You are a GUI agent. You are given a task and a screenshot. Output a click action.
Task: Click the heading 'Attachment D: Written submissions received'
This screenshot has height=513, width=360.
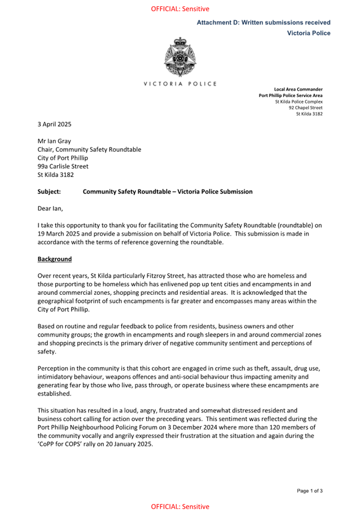pos(264,23)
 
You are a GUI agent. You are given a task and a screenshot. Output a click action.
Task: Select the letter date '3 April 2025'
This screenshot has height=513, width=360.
pos(55,124)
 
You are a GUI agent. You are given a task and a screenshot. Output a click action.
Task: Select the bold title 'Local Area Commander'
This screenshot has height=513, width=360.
pos(298,89)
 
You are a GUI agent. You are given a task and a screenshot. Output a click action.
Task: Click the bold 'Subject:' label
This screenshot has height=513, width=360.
pos(49,192)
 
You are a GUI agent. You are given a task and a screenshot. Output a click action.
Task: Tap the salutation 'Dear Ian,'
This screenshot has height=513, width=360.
pos(51,208)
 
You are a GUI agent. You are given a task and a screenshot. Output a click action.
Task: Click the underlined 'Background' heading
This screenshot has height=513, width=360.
pos(55,259)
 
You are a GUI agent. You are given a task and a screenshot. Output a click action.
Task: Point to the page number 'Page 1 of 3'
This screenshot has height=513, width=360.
pos(310,491)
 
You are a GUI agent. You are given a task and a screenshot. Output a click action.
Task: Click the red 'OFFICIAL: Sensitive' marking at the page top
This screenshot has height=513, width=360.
pos(180,9)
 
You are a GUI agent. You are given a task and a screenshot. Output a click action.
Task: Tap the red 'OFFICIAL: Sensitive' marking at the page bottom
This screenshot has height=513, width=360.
pos(180,507)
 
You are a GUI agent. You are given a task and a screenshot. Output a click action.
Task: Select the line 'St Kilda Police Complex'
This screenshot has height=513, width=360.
pos(298,101)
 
